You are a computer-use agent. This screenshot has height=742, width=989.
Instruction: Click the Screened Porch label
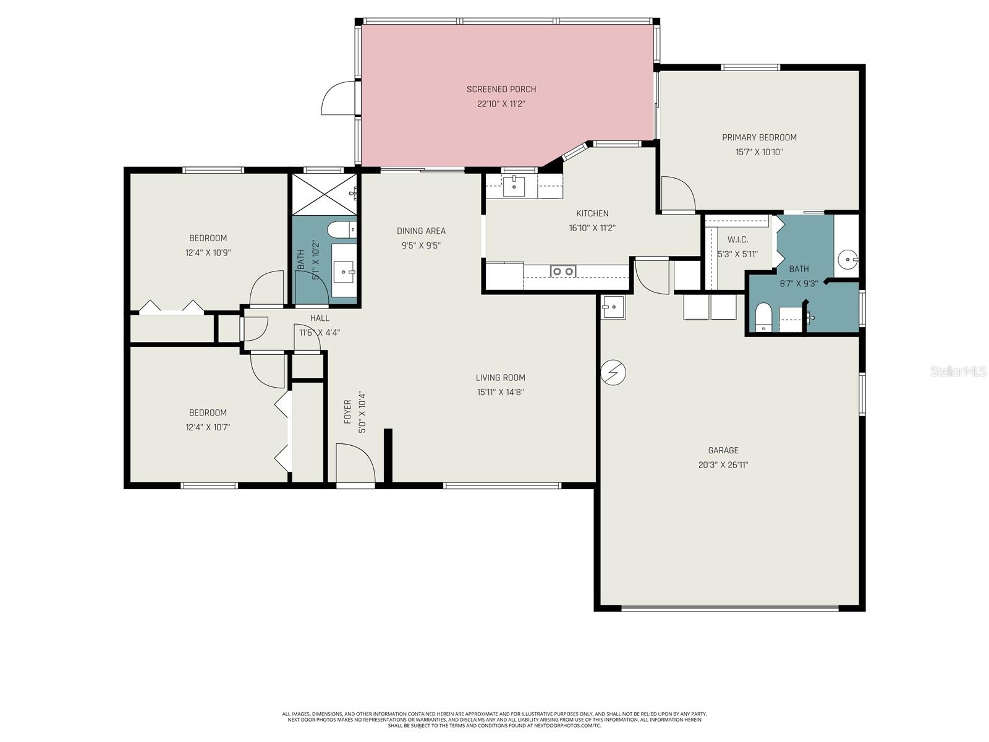coord(501,89)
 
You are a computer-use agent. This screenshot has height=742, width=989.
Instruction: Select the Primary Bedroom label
coord(759,137)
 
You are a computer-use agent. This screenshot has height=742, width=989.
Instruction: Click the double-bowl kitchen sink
coord(562,271)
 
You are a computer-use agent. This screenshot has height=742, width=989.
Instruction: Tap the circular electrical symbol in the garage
coord(613,372)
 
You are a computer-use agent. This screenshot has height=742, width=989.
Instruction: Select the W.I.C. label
coord(737,239)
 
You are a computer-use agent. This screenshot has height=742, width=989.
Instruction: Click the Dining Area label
coord(421,231)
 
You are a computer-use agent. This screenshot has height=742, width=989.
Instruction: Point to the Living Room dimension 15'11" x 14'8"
coord(501,392)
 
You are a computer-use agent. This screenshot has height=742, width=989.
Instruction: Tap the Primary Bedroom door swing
coord(677,194)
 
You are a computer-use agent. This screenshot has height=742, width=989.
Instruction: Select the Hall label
coord(320,318)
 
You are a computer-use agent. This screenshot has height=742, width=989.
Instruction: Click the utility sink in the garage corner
coord(614,307)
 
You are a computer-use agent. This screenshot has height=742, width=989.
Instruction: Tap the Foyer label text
coord(347,412)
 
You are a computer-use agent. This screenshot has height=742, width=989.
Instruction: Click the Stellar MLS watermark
coord(958,371)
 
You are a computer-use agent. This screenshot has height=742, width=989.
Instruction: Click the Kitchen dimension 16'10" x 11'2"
coord(592,228)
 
